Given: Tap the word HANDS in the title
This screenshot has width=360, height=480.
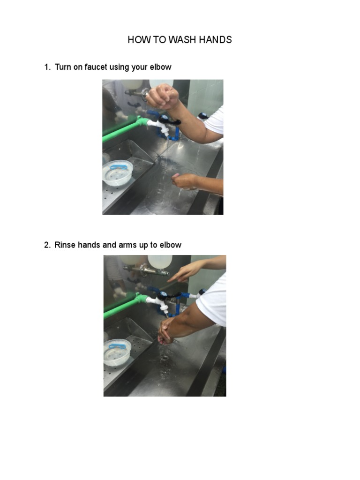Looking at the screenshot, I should [215, 40].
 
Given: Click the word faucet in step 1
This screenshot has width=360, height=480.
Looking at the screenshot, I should [96, 67].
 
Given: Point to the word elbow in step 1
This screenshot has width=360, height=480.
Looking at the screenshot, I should [160, 67].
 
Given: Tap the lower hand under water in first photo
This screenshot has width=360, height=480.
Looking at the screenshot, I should [185, 181].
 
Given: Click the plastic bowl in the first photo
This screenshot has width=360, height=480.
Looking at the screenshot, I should [118, 172].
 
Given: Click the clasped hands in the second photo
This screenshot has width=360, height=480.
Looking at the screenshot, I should [166, 331].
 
